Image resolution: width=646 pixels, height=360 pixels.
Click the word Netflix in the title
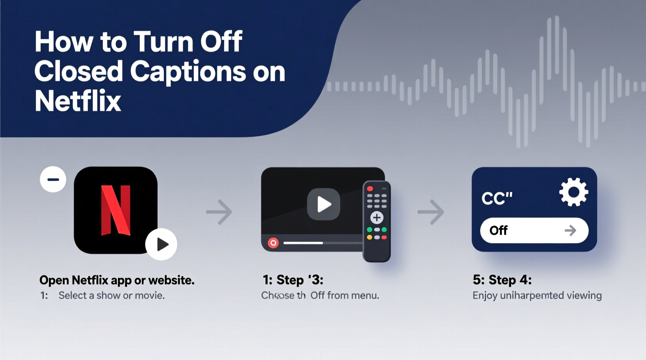click(78, 101)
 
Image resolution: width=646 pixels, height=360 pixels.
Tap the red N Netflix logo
click(116, 210)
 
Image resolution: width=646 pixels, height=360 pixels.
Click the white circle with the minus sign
click(53, 179)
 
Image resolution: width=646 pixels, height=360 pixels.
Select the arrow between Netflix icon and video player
click(219, 212)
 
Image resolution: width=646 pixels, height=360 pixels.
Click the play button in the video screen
click(323, 204)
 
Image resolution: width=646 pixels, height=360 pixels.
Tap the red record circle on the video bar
click(273, 243)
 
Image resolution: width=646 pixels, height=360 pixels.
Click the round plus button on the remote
click(377, 218)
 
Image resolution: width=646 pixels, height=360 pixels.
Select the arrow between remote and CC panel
click(431, 212)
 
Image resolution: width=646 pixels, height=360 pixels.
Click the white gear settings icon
click(573, 192)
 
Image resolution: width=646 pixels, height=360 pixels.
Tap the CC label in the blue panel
click(497, 198)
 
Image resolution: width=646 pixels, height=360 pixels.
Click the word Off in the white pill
click(498, 230)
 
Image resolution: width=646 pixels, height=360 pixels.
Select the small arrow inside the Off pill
click(570, 230)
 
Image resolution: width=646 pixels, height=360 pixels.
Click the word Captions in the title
click(188, 72)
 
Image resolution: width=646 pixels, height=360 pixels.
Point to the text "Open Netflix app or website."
click(117, 280)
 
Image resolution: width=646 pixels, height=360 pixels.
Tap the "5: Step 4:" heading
click(502, 280)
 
